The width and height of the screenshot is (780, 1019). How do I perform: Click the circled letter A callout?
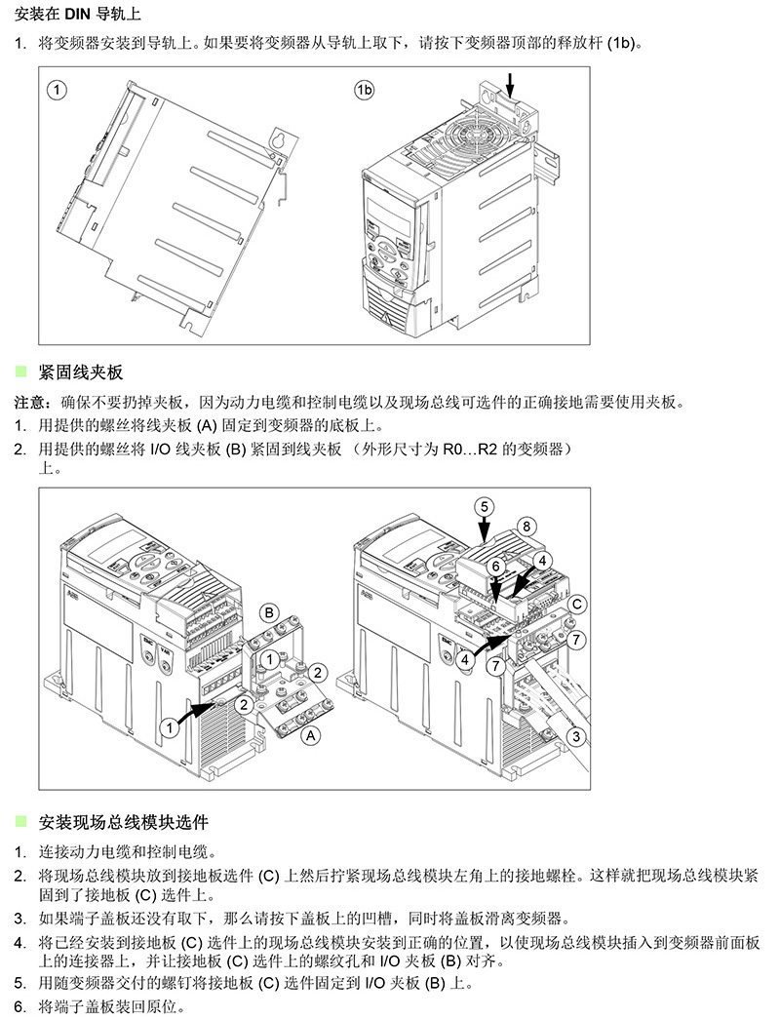(x=310, y=735)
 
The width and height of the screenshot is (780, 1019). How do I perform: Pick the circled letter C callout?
(x=577, y=605)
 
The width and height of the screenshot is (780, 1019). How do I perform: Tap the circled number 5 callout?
(x=485, y=505)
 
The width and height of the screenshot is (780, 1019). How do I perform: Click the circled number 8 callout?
(x=526, y=526)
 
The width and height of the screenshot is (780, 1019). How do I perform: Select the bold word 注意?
(x=28, y=403)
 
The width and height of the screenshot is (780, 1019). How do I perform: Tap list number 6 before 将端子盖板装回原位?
(x=19, y=1006)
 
